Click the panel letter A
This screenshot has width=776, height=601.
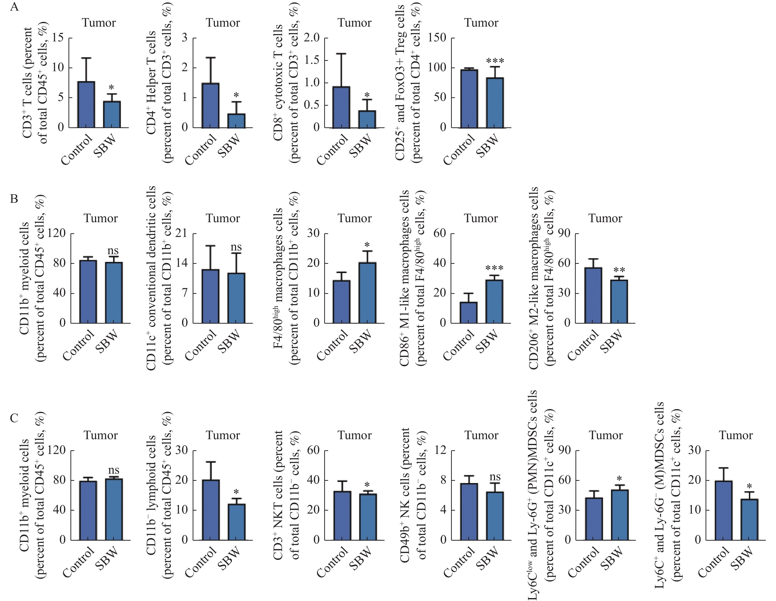pos(15,7)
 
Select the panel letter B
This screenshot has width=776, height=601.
pos(14,198)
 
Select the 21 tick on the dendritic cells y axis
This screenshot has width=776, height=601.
pos(184,234)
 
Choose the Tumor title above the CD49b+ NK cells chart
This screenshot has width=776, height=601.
pos(481,435)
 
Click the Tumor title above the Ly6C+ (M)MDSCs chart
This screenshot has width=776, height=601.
pos(736,435)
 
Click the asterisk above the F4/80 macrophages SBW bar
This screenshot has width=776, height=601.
pos(367,245)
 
